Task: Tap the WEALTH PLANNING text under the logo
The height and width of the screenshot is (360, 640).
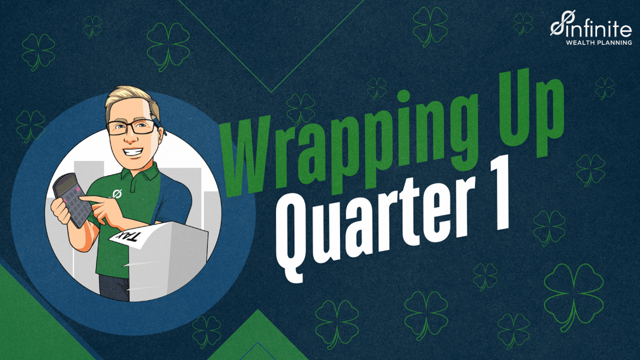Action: pos(599,42)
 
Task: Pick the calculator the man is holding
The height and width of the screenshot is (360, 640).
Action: pos(72,199)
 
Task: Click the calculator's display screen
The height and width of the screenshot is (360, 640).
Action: pos(65,186)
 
